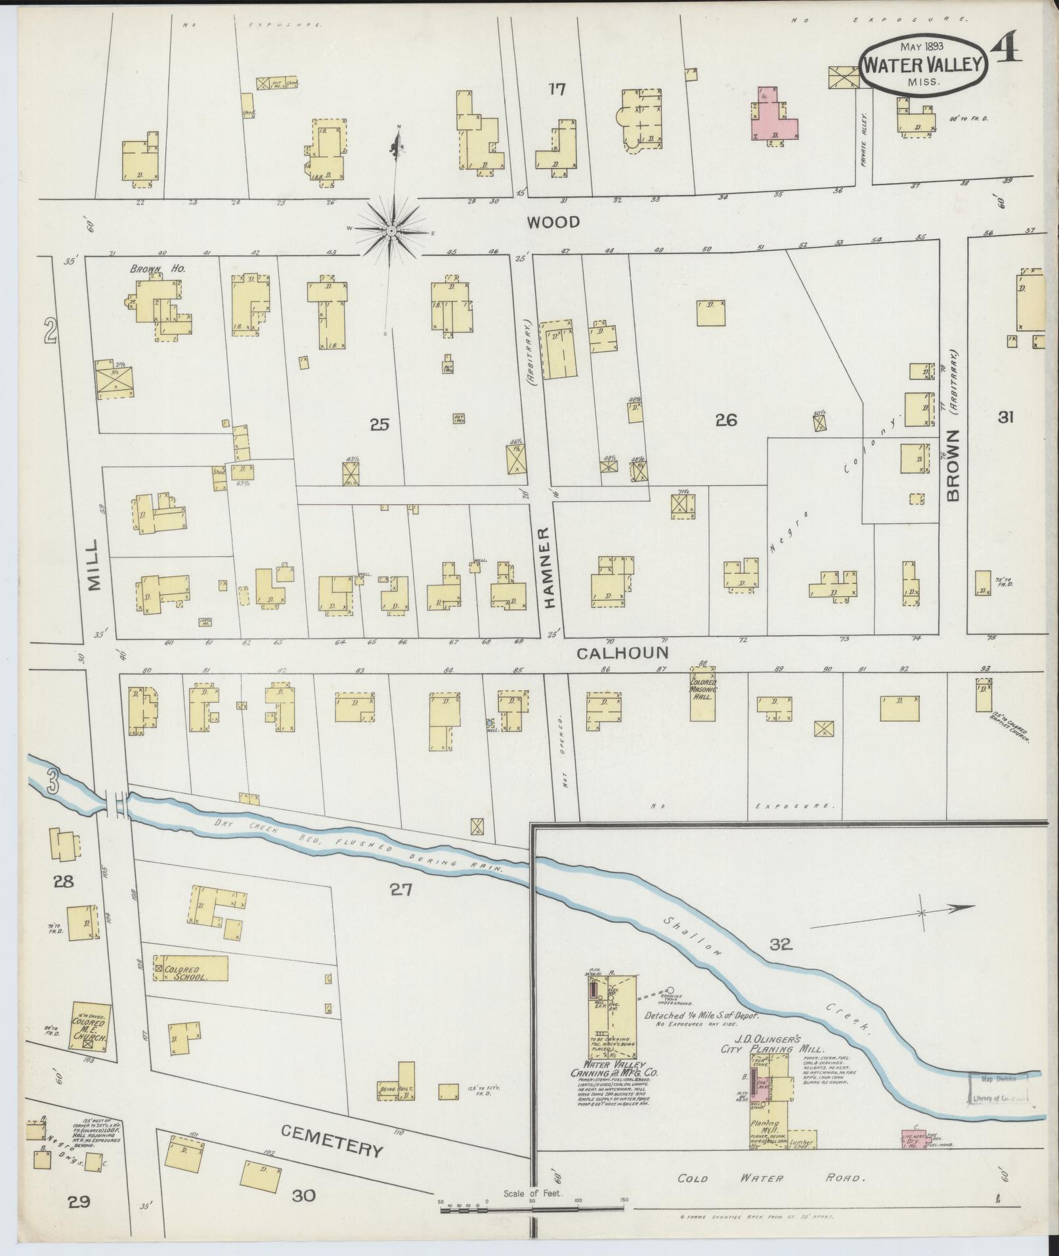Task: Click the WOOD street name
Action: (x=553, y=223)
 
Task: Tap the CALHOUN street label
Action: (x=622, y=653)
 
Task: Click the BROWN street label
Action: (x=953, y=466)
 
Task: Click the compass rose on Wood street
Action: (x=391, y=230)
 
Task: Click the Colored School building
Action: (x=190, y=968)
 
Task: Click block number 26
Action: (x=726, y=420)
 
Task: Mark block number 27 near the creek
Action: (x=400, y=890)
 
